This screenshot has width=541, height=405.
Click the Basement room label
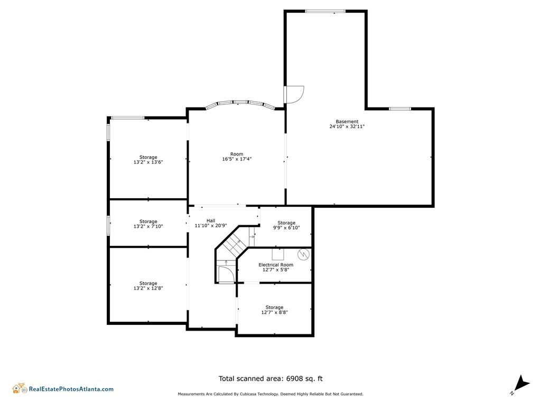coord(347,121)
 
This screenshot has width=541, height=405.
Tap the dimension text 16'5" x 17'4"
coord(237,159)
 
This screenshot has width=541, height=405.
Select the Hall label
coord(210,220)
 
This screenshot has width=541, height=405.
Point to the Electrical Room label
coord(276,265)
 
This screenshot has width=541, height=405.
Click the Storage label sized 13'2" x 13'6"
coord(148,157)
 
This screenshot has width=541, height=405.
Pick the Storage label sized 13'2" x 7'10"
coord(148,221)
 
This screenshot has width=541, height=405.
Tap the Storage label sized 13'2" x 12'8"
coord(148,283)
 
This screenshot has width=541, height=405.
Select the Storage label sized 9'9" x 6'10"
coord(286,223)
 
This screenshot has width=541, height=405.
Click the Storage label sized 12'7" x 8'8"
coord(274,307)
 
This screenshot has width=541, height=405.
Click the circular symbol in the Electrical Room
coord(303,254)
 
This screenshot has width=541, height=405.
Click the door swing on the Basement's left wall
coord(293,94)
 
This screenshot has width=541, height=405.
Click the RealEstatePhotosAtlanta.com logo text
coord(71,389)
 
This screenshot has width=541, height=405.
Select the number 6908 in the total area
coord(295,378)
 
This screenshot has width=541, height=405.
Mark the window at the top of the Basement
coord(325,11)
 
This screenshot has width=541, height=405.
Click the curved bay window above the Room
coord(240,103)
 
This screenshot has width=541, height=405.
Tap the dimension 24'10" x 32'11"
coord(347,127)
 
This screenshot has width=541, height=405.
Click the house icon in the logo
coord(20,389)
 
